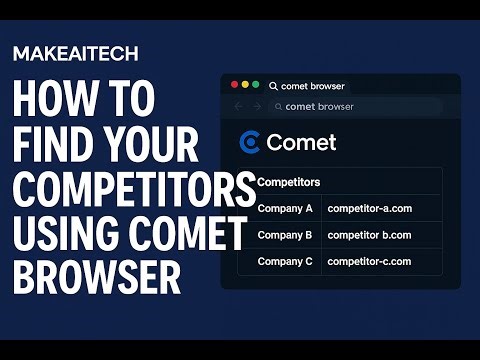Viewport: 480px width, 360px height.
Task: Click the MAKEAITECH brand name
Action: click(x=75, y=53)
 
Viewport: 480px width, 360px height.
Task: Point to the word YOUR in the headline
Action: click(x=158, y=147)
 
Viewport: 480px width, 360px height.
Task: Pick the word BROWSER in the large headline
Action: click(x=97, y=277)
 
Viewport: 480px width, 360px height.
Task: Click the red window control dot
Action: click(x=235, y=86)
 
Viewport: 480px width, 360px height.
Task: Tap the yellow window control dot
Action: click(x=246, y=86)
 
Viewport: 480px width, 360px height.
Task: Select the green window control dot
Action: click(x=256, y=86)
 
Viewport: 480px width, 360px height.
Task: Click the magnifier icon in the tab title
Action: click(x=273, y=87)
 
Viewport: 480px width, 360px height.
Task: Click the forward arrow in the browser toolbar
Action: click(x=257, y=106)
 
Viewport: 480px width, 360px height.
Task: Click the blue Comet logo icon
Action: click(x=250, y=142)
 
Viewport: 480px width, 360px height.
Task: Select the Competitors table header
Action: click(x=289, y=183)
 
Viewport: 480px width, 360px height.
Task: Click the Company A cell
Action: click(x=285, y=209)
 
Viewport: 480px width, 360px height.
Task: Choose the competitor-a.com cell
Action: click(x=369, y=209)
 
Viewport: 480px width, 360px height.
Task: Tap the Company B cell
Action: click(x=285, y=235)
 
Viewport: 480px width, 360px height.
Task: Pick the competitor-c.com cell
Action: click(x=369, y=261)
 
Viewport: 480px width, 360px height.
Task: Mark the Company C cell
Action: click(x=285, y=261)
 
